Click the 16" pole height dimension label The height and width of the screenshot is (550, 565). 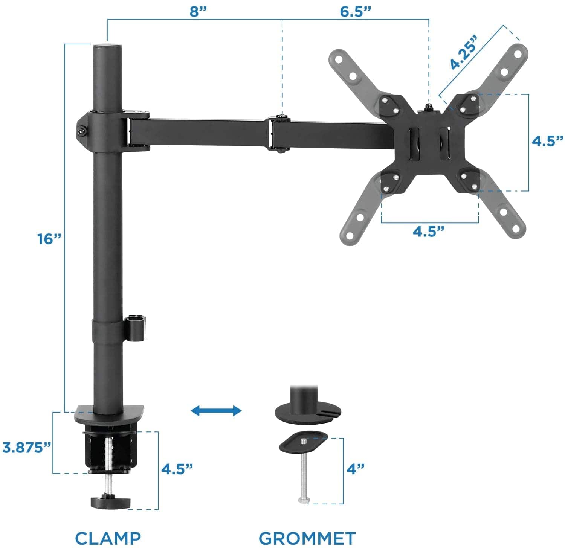[x=49, y=239]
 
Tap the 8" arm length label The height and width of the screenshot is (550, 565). [x=199, y=11]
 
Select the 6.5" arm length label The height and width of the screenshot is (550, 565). [x=356, y=11]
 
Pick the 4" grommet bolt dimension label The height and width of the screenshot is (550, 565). [x=356, y=469]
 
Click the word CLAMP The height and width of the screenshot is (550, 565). [x=108, y=538]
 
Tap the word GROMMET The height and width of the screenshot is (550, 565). [x=307, y=538]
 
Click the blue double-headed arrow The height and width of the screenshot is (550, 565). [x=216, y=410]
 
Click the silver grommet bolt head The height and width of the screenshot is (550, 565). [x=304, y=500]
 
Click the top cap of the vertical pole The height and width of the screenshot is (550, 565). [x=107, y=48]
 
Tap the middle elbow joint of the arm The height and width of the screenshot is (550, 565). [x=279, y=134]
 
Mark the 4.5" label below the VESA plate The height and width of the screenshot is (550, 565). [x=429, y=231]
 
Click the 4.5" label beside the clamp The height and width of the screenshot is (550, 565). [x=177, y=469]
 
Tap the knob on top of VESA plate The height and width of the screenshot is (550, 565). [x=428, y=108]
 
